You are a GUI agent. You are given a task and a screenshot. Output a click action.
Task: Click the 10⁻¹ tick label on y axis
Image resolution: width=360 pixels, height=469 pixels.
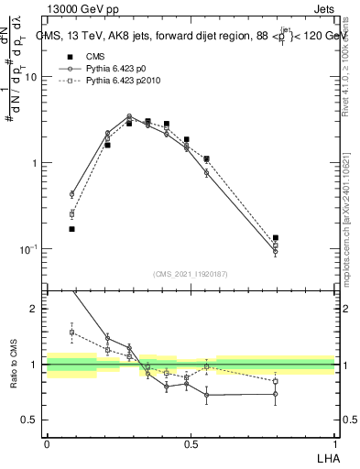click(x=28, y=249)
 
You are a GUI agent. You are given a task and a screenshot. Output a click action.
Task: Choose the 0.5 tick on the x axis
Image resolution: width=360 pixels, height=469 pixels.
click(x=191, y=444)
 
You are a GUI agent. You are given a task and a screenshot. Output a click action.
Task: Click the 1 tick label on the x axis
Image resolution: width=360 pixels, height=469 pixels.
click(x=335, y=444)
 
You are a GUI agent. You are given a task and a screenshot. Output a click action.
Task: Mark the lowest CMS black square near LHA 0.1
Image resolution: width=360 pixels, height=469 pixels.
click(x=71, y=229)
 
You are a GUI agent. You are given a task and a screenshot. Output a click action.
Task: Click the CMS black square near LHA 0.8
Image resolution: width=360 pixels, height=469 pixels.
click(x=276, y=238)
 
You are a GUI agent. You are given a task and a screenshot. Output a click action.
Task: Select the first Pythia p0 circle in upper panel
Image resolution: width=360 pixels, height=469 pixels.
click(x=71, y=194)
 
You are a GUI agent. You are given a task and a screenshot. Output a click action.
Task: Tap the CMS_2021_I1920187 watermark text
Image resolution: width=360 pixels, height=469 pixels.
click(x=191, y=273)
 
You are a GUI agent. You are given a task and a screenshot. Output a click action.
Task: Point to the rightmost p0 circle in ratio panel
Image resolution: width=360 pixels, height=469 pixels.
click(x=276, y=395)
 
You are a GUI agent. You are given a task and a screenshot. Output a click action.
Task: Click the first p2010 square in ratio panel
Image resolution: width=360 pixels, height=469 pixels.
click(x=71, y=332)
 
